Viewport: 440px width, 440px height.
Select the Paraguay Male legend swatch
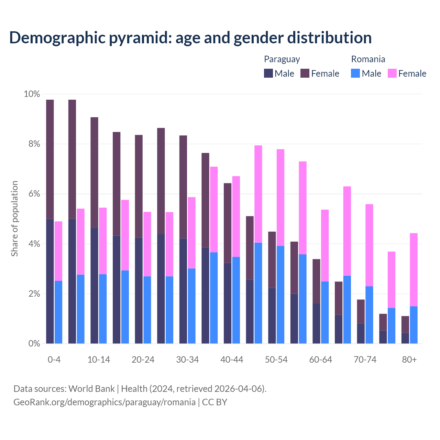pos(268,73)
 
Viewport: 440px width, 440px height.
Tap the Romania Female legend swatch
pos(392,73)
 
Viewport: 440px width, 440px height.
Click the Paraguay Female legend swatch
pos(305,73)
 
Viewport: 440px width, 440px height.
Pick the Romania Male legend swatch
pos(355,73)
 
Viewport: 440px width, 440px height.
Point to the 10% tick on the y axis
pos(32,94)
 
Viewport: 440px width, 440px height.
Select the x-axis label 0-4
pos(54,360)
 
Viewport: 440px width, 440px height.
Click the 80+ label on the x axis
pos(409,360)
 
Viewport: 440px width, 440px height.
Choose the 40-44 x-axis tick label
pos(232,360)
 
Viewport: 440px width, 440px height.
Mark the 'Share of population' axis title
pos(14,219)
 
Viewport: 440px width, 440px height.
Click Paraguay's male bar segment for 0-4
pos(50,281)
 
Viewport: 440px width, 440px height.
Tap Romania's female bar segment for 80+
pos(414,270)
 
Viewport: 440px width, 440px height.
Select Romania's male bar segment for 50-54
pos(280,295)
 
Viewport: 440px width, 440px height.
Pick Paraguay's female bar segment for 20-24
pos(139,186)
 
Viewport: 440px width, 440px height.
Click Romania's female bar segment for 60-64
pos(325,245)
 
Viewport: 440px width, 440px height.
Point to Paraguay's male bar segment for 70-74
pos(361,333)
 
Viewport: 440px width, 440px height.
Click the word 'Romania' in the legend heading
pos(368,59)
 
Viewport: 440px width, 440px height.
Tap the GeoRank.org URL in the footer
pos(104,402)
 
